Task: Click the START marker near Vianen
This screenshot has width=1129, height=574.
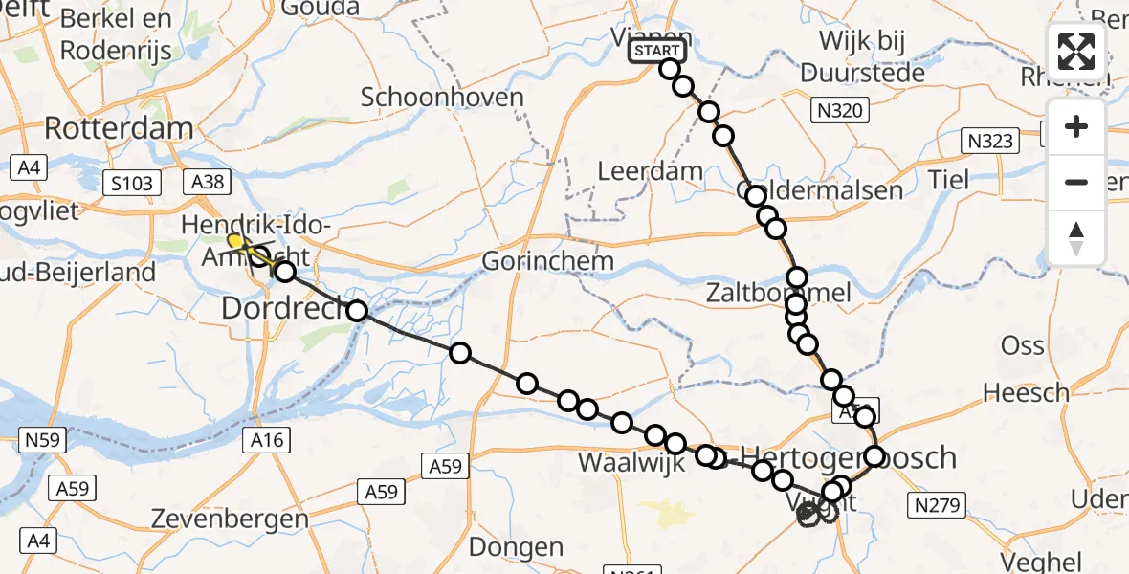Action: (657, 51)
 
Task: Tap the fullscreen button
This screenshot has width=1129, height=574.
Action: (1076, 52)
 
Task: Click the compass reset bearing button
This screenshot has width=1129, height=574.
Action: (1076, 238)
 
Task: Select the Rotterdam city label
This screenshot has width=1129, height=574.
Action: (119, 128)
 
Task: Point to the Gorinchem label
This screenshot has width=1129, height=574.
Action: (547, 260)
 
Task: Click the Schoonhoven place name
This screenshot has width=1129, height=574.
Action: (443, 97)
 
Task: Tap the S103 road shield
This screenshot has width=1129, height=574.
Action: (131, 183)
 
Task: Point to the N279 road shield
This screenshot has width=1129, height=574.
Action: (941, 504)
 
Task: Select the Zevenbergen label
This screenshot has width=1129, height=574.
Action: (221, 519)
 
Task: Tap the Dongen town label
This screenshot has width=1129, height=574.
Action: (517, 548)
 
